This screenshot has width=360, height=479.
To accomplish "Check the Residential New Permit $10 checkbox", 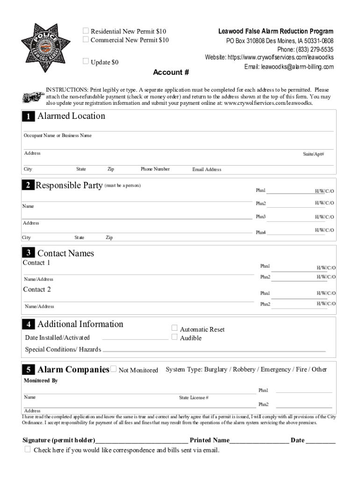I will (x=86, y=31).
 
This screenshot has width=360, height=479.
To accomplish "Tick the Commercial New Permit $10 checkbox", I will (x=86, y=39).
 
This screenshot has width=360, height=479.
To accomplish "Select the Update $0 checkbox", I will (x=86, y=61).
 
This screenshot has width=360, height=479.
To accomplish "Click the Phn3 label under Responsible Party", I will (x=260, y=217).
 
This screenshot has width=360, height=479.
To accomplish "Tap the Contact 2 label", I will (x=37, y=290).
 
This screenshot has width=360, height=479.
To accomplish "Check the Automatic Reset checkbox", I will (x=174, y=328).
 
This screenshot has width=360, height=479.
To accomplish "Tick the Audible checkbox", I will (x=174, y=337).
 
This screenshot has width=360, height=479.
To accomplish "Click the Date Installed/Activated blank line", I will (x=135, y=338).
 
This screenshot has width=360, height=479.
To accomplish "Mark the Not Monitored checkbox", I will (x=113, y=369).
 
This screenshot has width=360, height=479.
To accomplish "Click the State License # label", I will (x=194, y=398).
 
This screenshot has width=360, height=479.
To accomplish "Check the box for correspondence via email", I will (x=28, y=450).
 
